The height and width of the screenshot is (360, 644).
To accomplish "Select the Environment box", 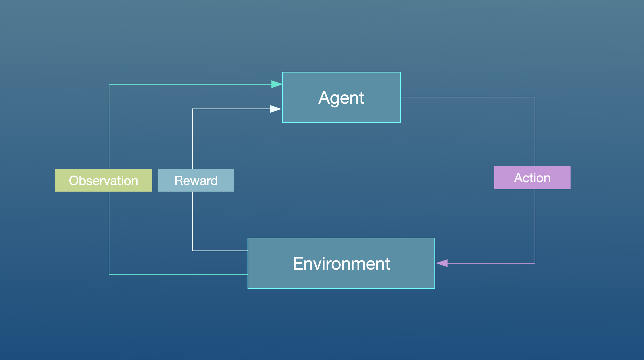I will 341,279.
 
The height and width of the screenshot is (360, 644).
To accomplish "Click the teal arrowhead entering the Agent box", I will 277,84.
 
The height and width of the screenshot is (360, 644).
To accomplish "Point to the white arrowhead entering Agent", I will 275,109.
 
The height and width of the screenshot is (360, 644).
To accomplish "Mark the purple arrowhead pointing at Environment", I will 442,263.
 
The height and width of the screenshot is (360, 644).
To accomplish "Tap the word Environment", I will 341,264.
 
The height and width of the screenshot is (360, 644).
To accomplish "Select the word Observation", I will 103,181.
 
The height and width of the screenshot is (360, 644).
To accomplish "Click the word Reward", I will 196,181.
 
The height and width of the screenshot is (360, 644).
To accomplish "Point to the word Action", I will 532,178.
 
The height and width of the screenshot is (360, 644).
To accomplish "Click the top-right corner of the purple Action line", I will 535,97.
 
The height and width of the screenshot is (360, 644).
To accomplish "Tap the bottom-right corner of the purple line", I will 535,263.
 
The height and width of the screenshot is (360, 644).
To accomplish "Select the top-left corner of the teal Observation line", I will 109,84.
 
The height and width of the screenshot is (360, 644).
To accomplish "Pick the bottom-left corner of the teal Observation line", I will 109,275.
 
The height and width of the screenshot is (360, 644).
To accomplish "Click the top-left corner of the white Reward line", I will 192,109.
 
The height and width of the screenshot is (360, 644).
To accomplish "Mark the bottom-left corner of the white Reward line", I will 192,251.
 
